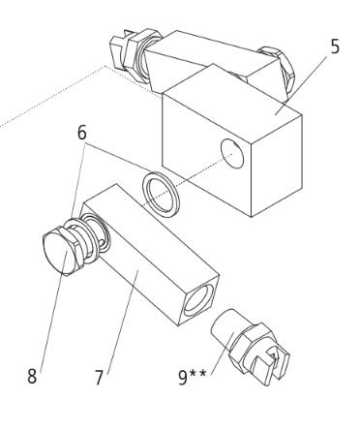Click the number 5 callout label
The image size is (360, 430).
(335, 46)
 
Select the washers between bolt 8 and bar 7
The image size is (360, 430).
(90, 237)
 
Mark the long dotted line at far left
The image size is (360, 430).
(48, 97)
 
